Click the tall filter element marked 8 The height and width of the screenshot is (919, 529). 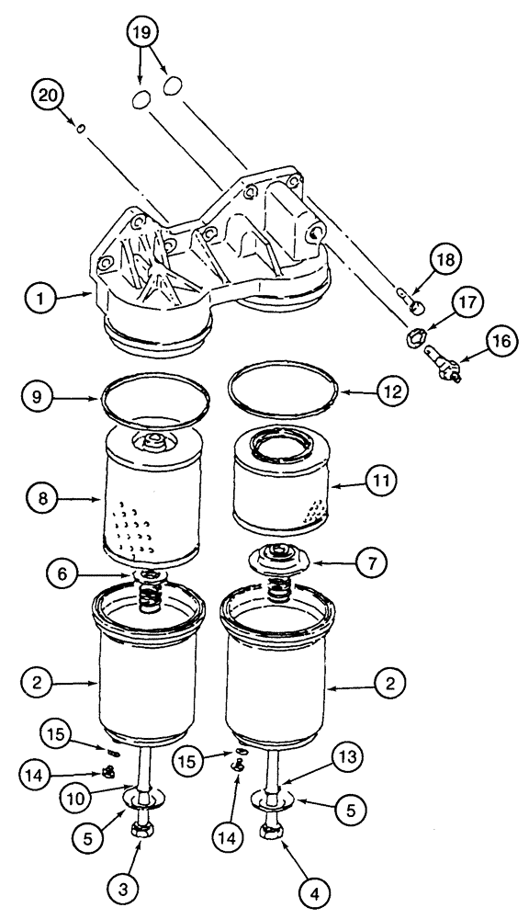[147, 501]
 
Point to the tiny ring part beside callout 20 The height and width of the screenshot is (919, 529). [82, 130]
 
